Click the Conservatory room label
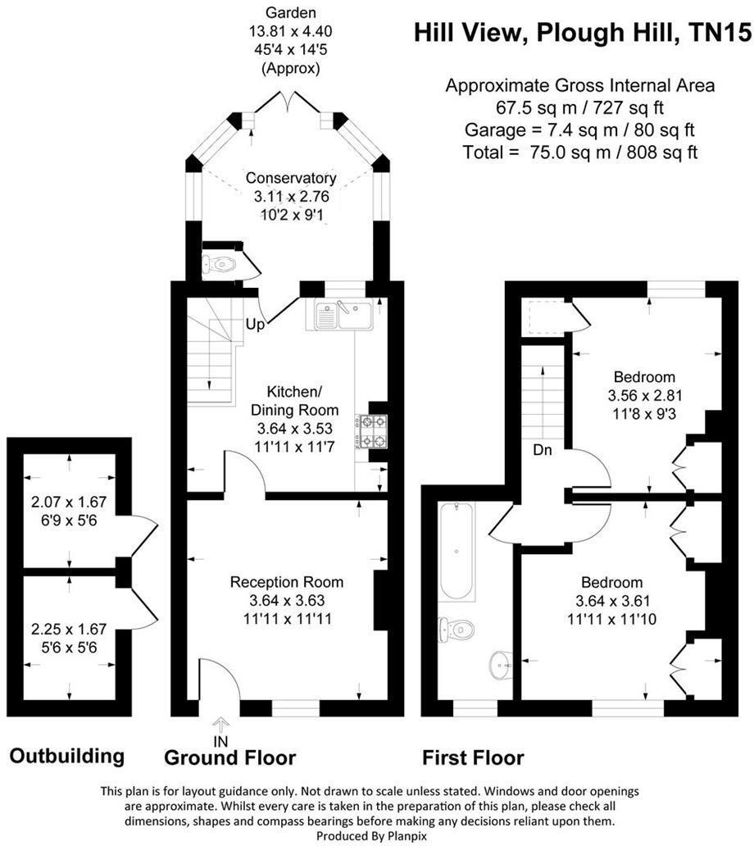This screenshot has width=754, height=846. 291,178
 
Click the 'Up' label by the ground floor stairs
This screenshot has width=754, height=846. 255,325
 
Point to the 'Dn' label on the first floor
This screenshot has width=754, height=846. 542,449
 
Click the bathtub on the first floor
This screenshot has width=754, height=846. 456,550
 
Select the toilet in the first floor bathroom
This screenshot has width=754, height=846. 456,629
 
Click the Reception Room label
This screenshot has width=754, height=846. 287,582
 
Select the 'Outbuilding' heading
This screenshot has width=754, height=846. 67,755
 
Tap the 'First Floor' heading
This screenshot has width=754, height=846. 473,757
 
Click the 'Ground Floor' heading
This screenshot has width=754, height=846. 229,757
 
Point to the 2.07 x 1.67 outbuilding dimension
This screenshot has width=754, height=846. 69,503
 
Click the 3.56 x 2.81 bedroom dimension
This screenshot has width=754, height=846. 645,394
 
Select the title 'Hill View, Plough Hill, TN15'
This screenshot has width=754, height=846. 582,33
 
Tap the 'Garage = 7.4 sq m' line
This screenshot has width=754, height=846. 580,130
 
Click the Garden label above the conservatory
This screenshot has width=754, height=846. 289,13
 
